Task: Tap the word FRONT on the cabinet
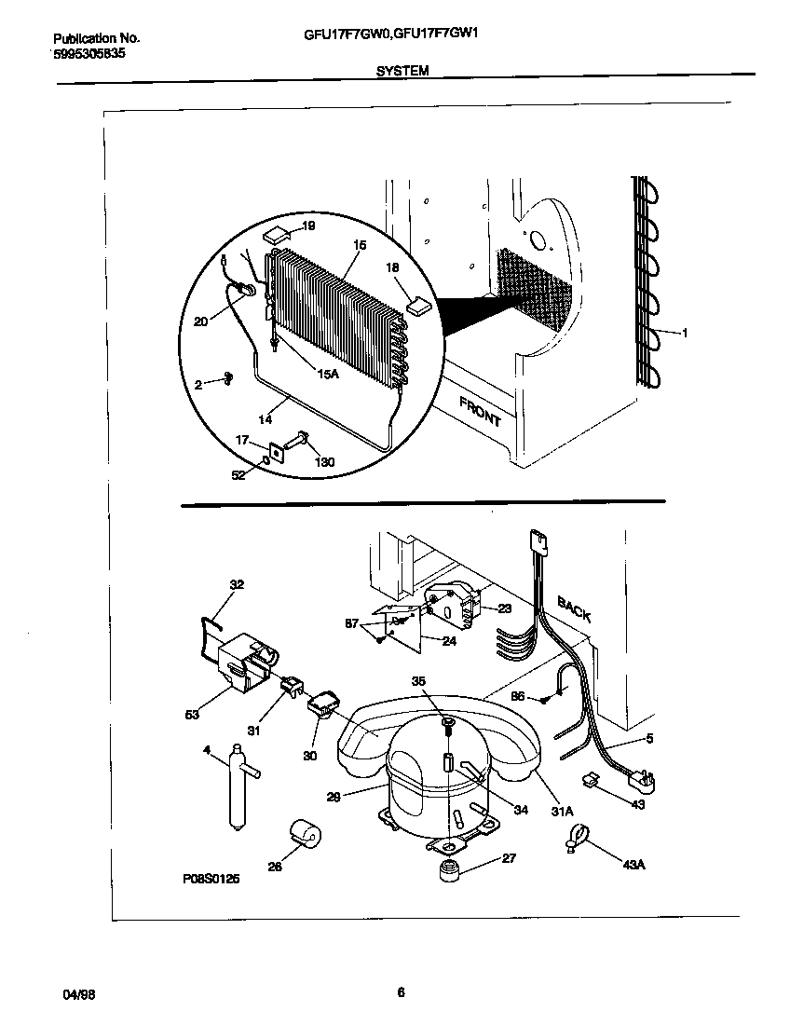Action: [x=480, y=410]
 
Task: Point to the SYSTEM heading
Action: [x=402, y=70]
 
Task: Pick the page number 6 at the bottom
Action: [x=401, y=992]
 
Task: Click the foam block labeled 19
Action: [x=277, y=236]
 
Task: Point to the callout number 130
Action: [x=325, y=463]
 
